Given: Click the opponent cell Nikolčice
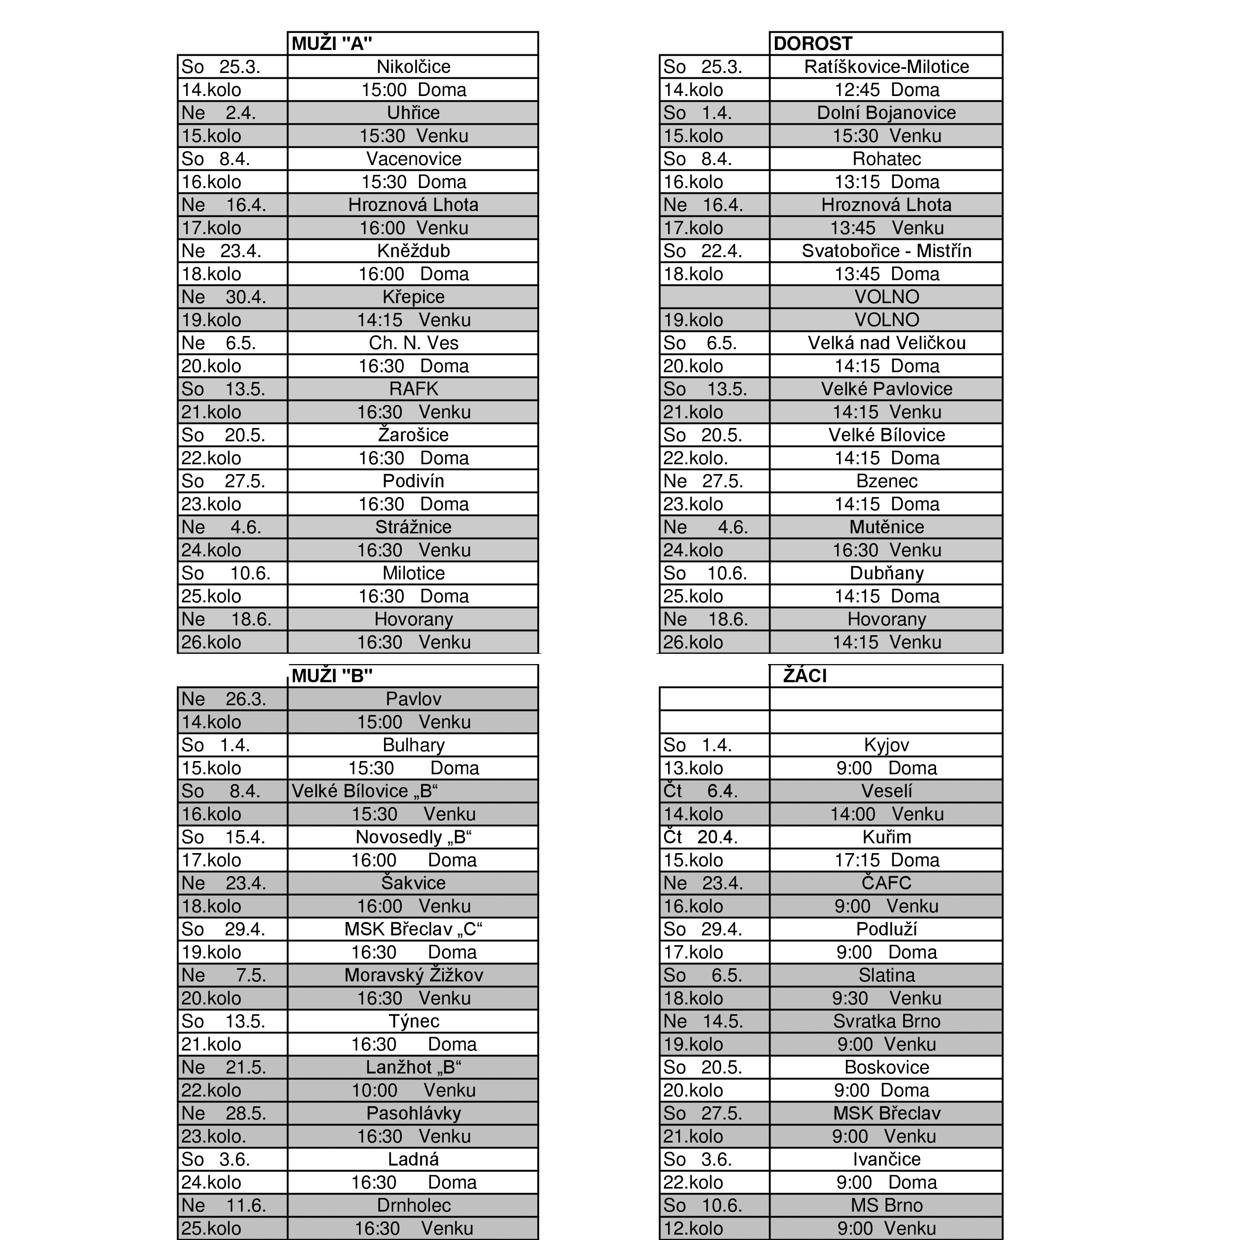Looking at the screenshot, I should point(413,67).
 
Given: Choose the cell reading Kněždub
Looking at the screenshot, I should point(413,251).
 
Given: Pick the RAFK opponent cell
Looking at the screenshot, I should point(413,389).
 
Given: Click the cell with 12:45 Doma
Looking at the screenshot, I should point(886,90).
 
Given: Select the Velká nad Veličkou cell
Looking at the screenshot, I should point(886,343).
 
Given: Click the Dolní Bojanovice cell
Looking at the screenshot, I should point(886,113).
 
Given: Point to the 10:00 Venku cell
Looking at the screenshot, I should point(413,1090).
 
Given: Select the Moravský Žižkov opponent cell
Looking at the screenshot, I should point(413,975).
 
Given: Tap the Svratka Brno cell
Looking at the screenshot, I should point(886,1021).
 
